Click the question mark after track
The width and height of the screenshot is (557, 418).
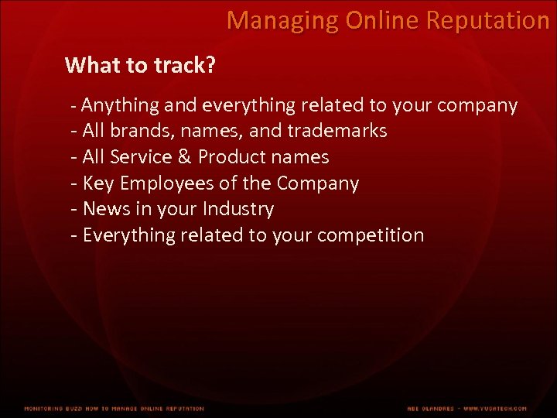pos(210,66)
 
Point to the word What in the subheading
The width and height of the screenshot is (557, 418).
pos(89,66)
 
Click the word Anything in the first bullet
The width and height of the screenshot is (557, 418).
pos(121,105)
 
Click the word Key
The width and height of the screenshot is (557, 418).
pos(97,183)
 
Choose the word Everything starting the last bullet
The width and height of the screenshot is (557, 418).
pos(128,235)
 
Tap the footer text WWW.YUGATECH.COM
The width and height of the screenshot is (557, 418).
pos(495,409)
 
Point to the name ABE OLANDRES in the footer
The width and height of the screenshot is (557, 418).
pos(432,409)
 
